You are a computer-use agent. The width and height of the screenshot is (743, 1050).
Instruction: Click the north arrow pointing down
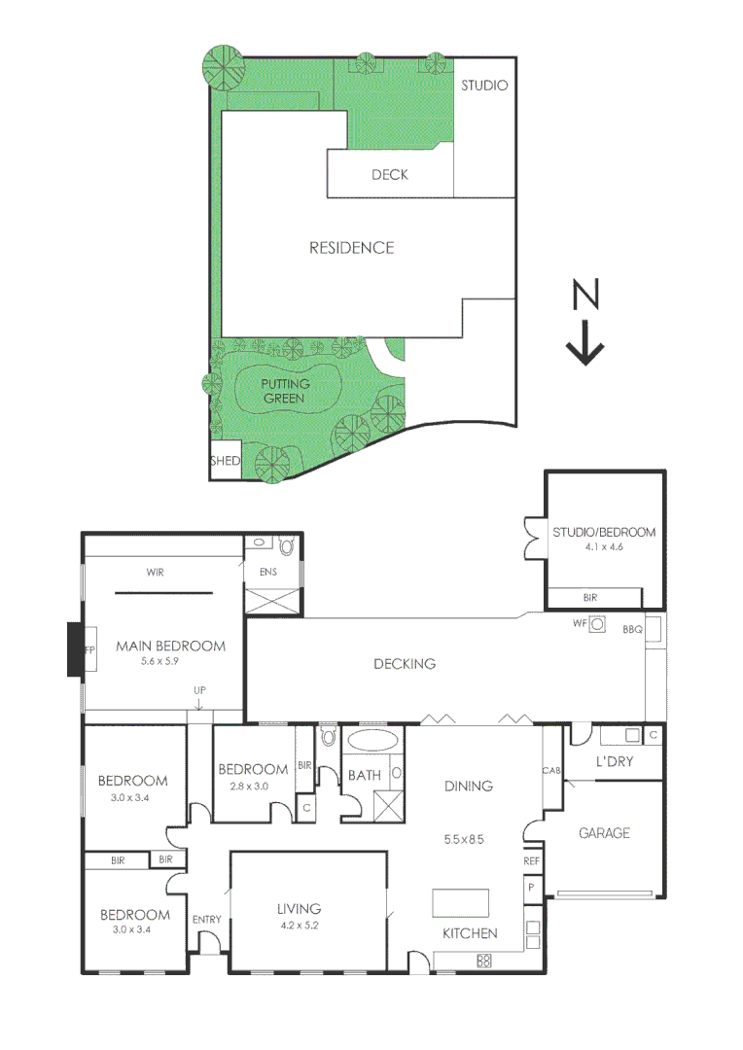point(585,341)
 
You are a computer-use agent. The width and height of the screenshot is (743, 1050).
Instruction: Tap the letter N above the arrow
point(584,294)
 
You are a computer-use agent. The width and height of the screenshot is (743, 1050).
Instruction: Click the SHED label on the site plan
point(225,461)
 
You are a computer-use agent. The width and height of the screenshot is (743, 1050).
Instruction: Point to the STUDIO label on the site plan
point(483,86)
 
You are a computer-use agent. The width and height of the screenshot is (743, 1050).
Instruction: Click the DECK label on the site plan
point(389,175)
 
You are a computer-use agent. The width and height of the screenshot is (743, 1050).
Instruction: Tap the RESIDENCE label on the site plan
point(351,248)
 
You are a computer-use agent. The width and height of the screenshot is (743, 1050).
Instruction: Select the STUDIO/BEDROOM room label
point(604,533)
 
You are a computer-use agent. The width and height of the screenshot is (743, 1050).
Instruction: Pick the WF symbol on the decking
point(598,624)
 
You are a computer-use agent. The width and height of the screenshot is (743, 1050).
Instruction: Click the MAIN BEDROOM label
point(170,646)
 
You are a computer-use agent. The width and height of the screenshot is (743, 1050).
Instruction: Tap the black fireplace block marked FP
point(74,649)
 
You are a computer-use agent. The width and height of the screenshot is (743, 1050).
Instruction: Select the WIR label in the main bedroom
point(155,573)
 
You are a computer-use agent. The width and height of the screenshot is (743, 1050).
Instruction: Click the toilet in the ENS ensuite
point(286,546)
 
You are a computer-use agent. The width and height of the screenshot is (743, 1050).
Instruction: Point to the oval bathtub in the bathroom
point(370,741)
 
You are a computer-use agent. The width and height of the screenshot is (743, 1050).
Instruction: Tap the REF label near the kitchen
point(531,861)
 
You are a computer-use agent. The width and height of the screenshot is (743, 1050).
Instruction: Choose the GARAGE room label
point(604,833)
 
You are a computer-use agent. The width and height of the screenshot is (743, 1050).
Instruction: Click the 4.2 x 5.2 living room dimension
point(298,926)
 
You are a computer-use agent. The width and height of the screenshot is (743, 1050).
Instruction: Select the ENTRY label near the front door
point(207,920)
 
